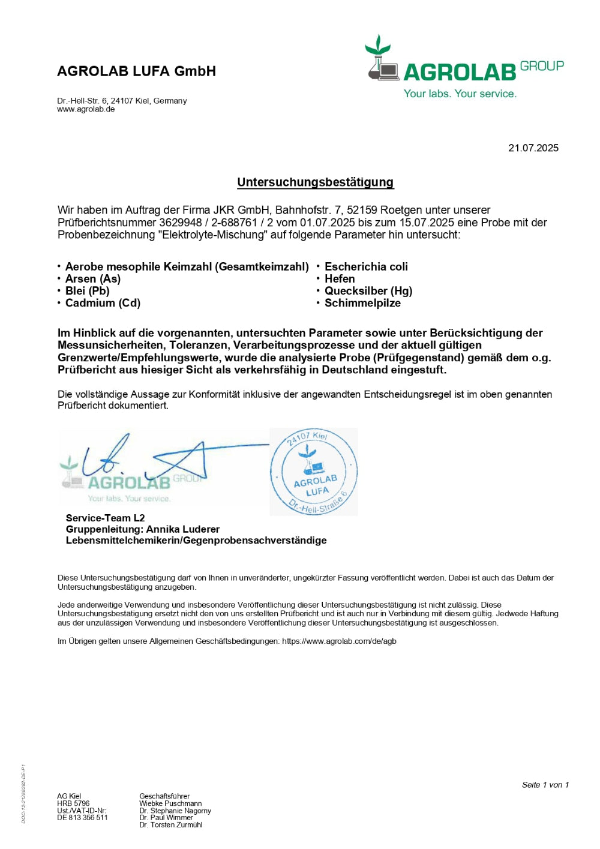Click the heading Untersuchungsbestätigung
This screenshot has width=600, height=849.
pos(315,182)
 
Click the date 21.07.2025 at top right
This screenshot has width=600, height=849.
pos(533,148)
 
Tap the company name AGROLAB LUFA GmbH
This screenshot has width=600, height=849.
pos(136,71)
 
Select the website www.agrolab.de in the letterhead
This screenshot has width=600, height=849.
pos(86,109)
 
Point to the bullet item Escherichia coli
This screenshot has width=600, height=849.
pos(366,267)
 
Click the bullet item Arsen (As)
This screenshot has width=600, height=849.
pos(93,279)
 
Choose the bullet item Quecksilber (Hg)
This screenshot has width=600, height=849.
pos(368,291)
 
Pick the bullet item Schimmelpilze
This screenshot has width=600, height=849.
pos(362,303)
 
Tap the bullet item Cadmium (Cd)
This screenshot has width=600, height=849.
pos(103,303)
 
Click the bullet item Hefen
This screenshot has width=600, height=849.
pos(340,279)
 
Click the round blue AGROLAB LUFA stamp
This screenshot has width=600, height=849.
pos(313,472)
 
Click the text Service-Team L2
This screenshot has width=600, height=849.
pos(105,518)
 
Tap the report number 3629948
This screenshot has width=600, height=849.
pos(180,223)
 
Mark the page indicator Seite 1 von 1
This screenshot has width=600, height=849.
pos(545,785)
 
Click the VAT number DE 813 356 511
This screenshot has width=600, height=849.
pos(82,818)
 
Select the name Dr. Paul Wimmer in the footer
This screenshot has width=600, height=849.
pos(166,818)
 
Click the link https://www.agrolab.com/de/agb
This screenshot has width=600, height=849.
pos(339,641)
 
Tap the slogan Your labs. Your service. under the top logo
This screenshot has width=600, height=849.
pos(460,94)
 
